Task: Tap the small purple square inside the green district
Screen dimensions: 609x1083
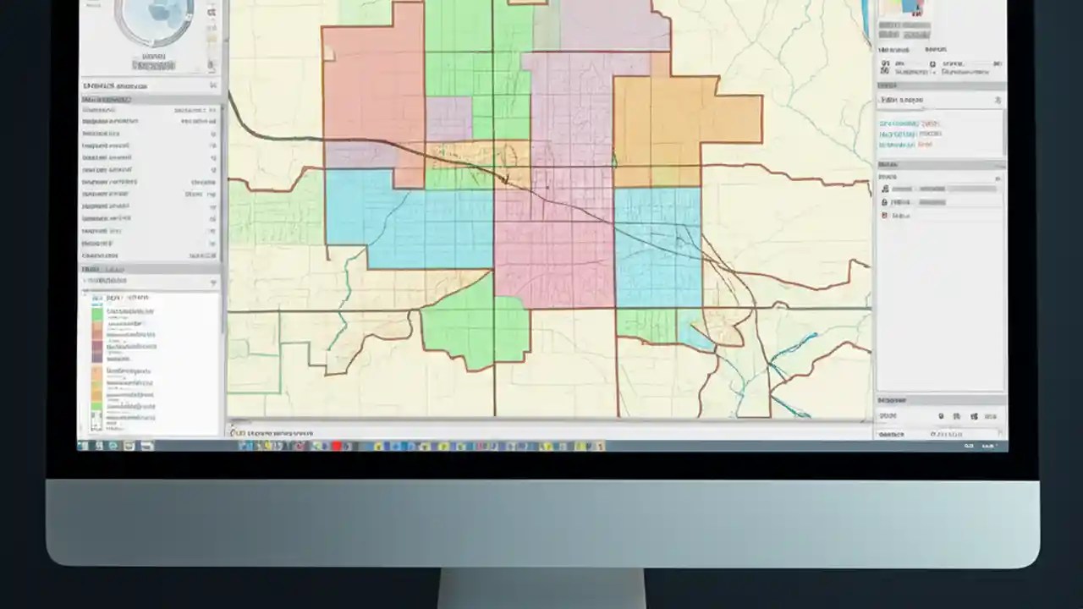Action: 448,118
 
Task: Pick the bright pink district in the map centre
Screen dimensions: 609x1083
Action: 554,245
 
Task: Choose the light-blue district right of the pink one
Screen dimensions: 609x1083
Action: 657,245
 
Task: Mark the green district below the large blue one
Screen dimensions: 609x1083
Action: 474,326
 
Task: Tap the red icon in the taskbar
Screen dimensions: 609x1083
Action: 337,446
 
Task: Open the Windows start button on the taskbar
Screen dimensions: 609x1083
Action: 84,446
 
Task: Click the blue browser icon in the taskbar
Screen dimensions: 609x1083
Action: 99,446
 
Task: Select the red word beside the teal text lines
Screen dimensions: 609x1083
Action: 925,145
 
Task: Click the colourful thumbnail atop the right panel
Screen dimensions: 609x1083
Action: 904,8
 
